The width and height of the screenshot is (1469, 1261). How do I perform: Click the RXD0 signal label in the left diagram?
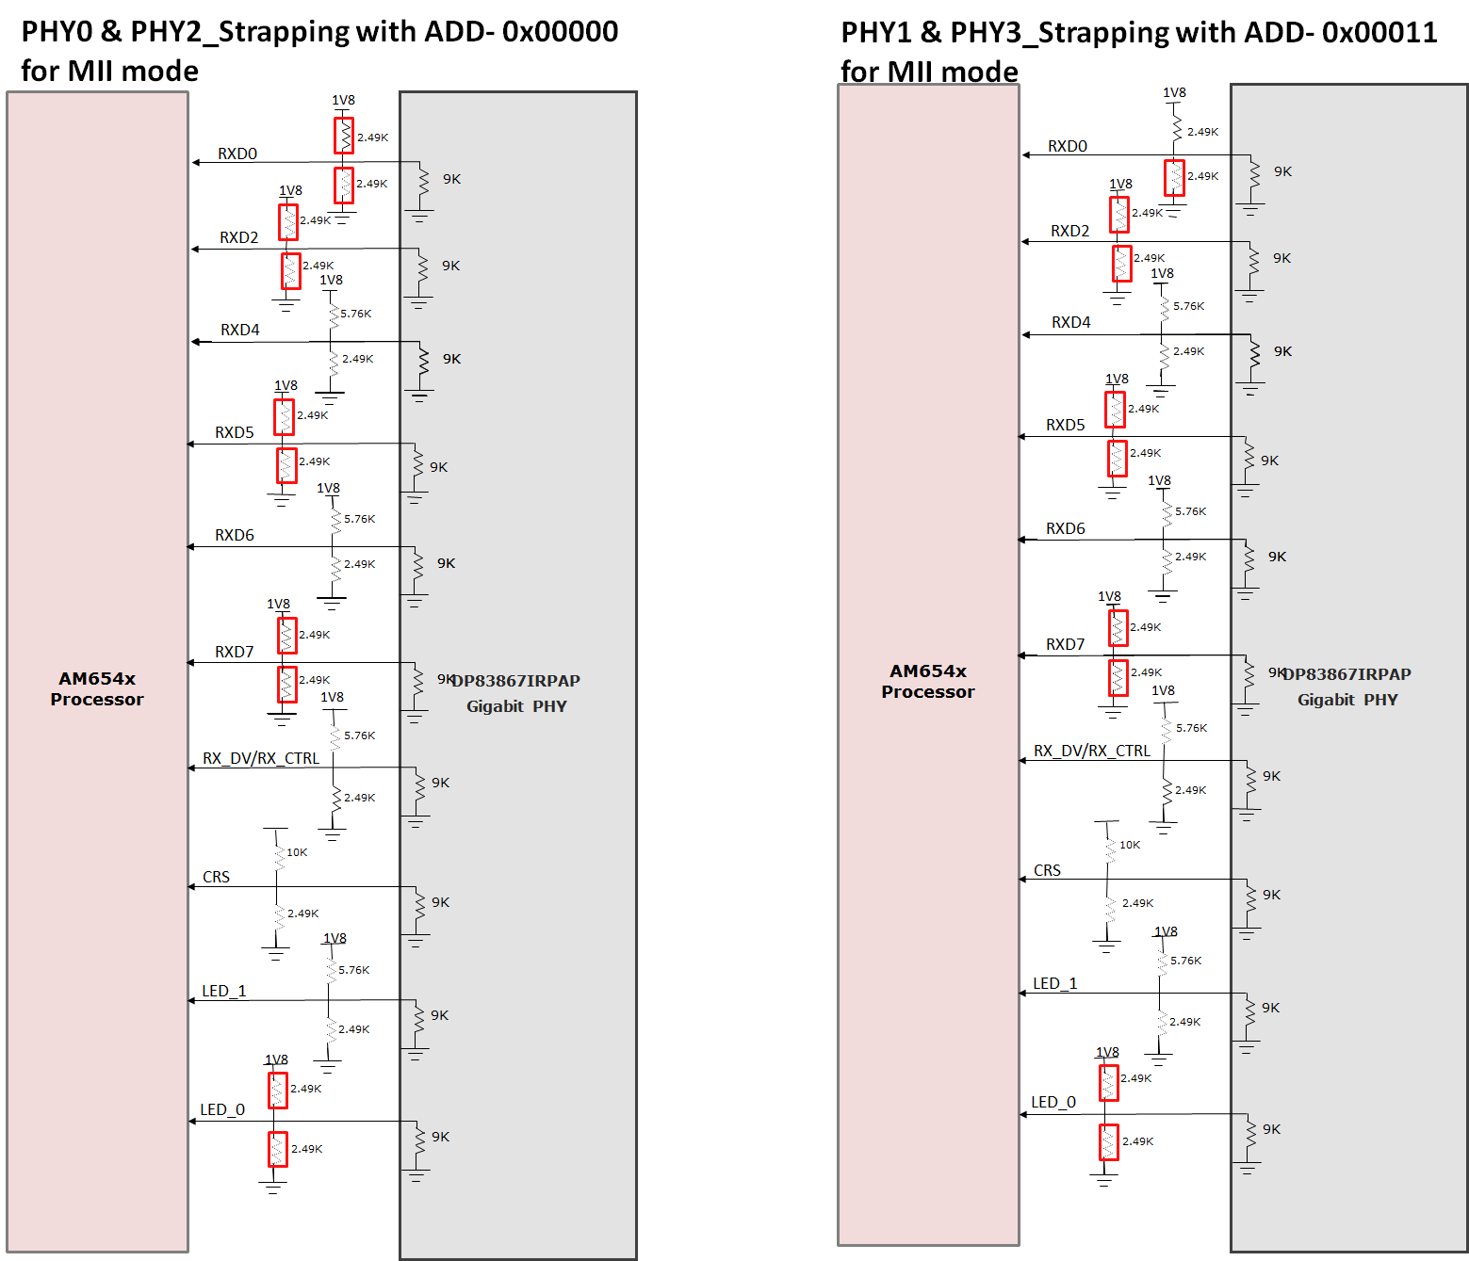[x=237, y=154]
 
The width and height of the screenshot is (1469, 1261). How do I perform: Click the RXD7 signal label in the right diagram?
[x=1065, y=644]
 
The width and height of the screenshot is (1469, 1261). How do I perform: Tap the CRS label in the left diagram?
[x=216, y=877]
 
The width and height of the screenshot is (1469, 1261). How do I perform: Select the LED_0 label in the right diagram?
[x=1053, y=1102]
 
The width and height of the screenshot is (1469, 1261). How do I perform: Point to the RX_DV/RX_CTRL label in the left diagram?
[x=261, y=758]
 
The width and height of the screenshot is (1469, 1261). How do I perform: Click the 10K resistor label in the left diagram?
[x=297, y=852]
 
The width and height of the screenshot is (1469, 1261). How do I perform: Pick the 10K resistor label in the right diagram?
[x=1129, y=845]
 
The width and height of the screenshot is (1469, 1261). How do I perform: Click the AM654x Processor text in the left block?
[x=97, y=688]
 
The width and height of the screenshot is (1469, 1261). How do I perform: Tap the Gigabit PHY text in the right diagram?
[x=1347, y=700]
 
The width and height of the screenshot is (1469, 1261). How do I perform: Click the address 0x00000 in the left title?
[x=560, y=31]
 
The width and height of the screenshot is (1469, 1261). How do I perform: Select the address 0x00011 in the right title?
[x=1379, y=32]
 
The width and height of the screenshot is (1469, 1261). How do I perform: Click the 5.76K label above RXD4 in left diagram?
[x=355, y=314]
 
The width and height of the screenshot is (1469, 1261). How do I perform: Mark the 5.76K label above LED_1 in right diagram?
[x=1185, y=961]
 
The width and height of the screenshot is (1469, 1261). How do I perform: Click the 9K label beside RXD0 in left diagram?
[x=451, y=179]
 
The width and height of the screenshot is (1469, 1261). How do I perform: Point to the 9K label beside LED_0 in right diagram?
[x=1271, y=1129]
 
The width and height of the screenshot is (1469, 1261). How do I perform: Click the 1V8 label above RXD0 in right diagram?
[x=1174, y=92]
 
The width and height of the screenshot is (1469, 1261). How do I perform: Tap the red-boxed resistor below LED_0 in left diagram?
[x=277, y=1149]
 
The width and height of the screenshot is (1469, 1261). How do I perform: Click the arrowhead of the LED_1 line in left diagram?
[x=192, y=1000]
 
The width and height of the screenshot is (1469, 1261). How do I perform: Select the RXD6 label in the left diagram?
[x=235, y=535]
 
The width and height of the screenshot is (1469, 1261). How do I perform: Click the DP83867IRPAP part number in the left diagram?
[x=516, y=681]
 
